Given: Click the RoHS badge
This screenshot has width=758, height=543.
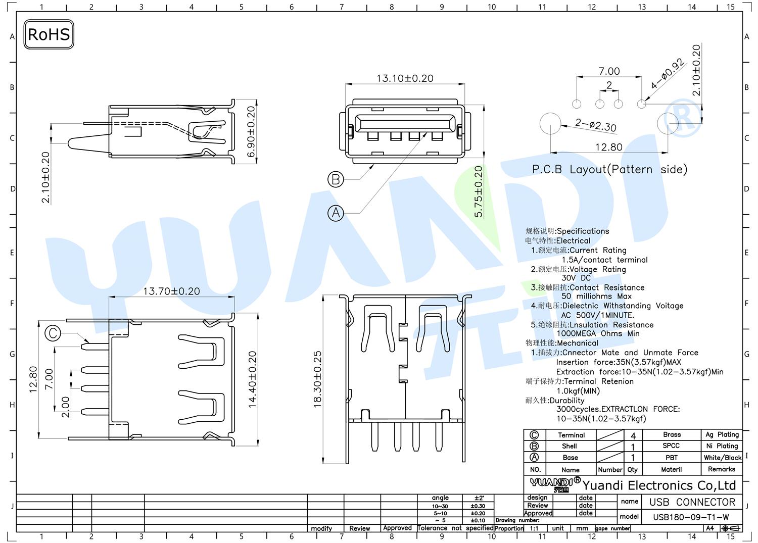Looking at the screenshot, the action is point(49,34).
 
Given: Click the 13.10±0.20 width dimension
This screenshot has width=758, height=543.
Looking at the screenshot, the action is point(405,78).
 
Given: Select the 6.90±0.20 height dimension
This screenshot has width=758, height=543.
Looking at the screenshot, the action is point(251,132).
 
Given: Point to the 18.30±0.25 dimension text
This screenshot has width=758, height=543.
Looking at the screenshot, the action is point(317,379).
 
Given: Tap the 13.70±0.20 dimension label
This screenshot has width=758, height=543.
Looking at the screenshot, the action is point(172,291).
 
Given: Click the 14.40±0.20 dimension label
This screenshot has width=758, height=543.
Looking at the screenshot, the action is point(253,379).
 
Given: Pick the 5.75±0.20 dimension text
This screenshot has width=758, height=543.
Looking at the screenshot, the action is point(478,191).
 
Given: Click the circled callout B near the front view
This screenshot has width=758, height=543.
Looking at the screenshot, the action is point(336,179).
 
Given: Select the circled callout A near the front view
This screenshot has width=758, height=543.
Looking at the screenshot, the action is point(336,213).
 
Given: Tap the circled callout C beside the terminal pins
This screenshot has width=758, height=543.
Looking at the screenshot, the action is point(53,333).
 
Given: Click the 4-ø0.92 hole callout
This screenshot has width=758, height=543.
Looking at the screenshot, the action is point(668,74).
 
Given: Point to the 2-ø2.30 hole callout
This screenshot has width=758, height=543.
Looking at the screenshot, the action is point(596,125).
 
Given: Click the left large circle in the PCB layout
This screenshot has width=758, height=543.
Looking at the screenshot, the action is point(550,123).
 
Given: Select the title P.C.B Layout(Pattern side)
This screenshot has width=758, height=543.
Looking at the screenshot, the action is point(609,169).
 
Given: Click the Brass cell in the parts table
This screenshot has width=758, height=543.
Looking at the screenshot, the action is point(672,434).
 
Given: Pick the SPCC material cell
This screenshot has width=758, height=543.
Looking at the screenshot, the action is point(671,446).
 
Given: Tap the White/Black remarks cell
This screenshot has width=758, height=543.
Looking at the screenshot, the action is point(723,458).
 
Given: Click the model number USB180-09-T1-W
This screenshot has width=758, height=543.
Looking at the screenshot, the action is point(691,517).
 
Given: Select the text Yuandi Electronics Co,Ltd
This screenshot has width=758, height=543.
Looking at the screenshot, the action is point(659,485).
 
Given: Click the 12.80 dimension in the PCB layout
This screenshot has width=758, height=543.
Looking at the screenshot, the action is point(609,147).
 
